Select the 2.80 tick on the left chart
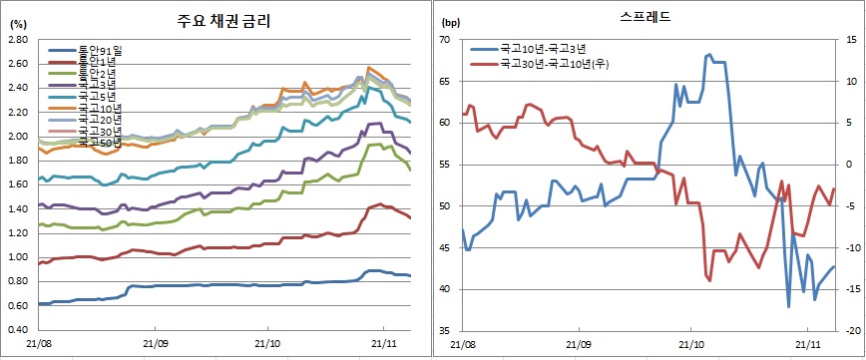coord(16,40)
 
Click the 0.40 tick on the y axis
coord(16,330)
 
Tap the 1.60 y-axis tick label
coord(16,185)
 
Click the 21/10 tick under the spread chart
coord(691,342)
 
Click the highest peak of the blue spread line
coord(708,55)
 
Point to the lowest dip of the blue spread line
coord(788,306)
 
